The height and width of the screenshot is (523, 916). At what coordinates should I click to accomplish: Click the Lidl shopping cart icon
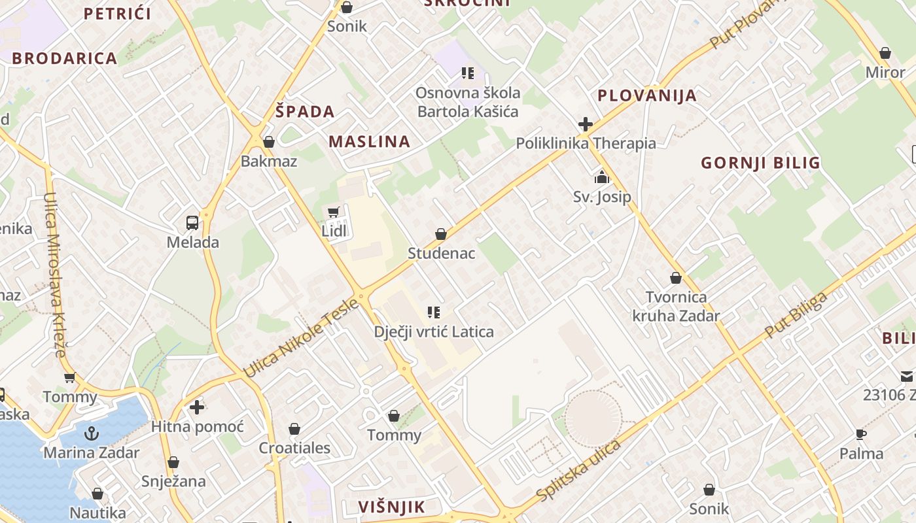click(333, 211)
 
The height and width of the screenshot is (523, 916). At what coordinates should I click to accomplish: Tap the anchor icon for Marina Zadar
click(92, 433)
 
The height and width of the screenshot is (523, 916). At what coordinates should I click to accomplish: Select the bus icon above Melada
click(192, 223)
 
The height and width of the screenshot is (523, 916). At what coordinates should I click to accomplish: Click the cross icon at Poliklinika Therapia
click(586, 124)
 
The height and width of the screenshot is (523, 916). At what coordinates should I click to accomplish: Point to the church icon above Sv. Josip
click(602, 177)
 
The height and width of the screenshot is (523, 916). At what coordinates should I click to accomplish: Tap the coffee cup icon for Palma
click(861, 434)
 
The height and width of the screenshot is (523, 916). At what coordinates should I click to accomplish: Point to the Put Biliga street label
click(796, 316)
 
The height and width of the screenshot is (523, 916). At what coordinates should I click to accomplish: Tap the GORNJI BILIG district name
click(760, 163)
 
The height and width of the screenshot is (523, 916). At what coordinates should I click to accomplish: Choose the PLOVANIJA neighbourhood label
click(646, 96)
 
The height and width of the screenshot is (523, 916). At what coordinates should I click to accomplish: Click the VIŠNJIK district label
click(391, 507)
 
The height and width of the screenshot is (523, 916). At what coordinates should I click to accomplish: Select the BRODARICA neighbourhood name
click(64, 58)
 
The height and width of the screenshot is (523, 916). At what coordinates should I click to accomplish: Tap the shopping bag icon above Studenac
click(441, 234)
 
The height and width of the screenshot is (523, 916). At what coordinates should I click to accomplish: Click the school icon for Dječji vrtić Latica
click(433, 312)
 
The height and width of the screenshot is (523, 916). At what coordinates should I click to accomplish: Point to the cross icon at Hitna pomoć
click(197, 408)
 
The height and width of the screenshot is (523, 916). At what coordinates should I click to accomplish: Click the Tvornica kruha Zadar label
click(676, 307)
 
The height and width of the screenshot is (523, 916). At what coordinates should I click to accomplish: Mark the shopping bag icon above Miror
click(885, 53)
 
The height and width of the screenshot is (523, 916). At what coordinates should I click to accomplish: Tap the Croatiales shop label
click(294, 448)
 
